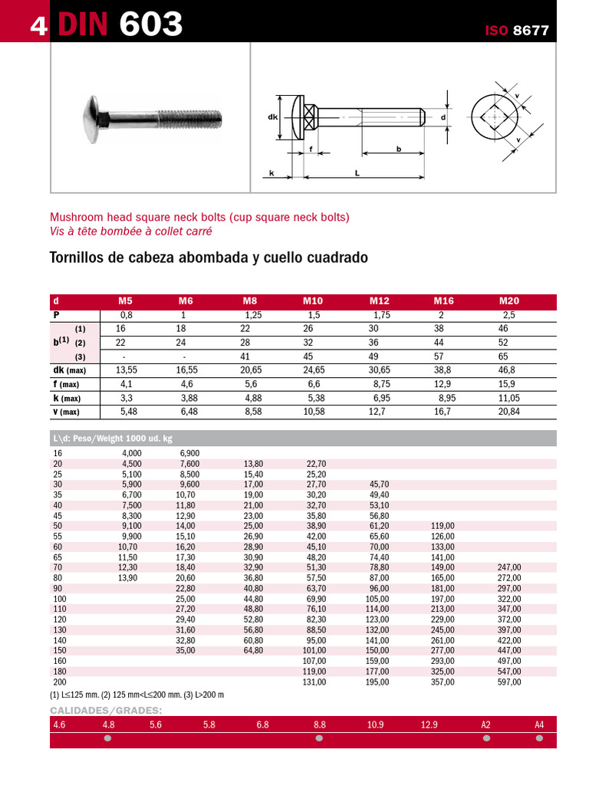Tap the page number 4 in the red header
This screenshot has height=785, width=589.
tap(38, 26)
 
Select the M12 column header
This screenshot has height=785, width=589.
tap(379, 301)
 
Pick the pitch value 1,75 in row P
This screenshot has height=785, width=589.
tap(382, 315)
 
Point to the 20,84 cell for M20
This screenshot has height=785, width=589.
tap(508, 412)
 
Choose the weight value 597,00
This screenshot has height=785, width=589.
tap(509, 682)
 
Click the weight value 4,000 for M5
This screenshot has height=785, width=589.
tap(131, 454)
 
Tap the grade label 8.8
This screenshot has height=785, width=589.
tap(319, 724)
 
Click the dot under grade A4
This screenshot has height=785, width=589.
tap(540, 739)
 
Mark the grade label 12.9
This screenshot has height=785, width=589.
tap(429, 724)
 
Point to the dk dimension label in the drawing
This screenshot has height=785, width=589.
tap(272, 117)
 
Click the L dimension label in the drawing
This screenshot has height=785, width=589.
tap(357, 174)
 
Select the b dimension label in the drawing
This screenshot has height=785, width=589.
tap(399, 149)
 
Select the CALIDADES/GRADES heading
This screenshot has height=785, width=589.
tap(106, 710)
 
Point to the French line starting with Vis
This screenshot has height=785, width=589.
tap(131, 231)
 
